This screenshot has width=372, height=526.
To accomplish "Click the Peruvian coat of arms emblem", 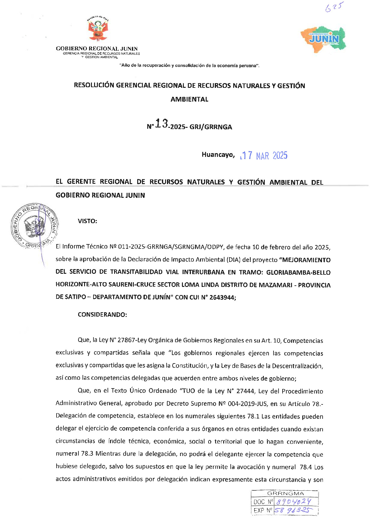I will click(98, 29).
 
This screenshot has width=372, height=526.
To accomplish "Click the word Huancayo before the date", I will click(218, 155).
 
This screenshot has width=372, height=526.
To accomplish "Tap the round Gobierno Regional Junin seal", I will click(35, 226).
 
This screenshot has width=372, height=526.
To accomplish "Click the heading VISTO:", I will click(88, 221).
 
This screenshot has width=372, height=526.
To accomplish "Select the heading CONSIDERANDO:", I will click(102, 315).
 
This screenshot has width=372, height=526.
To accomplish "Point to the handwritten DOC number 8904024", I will click(294, 501).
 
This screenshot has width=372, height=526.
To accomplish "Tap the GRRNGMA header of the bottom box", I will click(285, 493).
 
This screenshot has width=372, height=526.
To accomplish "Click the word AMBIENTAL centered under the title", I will click(189, 99).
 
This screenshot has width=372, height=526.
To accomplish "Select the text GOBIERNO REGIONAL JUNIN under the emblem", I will click(97, 48).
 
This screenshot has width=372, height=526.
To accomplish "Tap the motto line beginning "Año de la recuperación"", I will click(189, 66).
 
